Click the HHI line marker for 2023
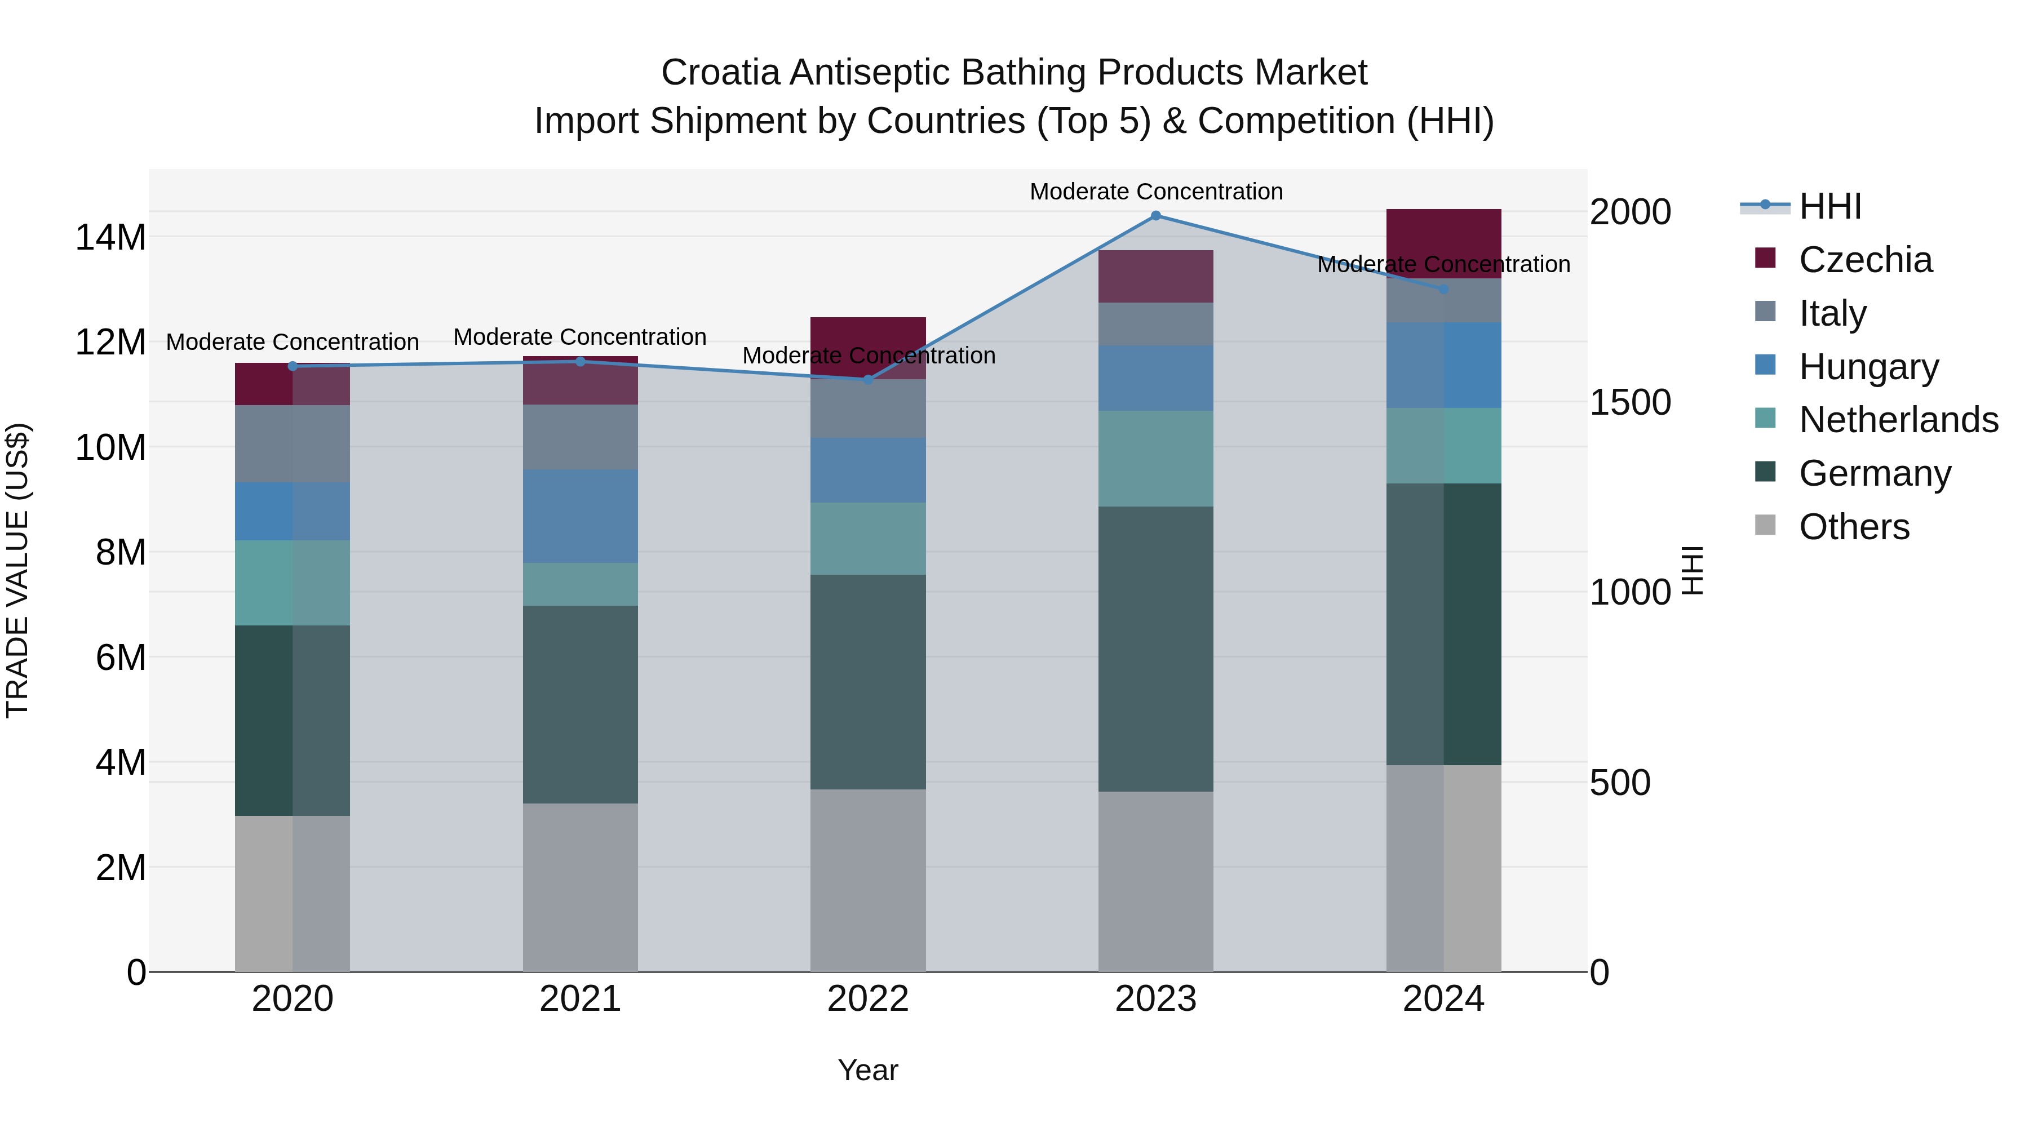(x=1155, y=216)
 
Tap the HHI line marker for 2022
(x=868, y=380)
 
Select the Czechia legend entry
(x=1865, y=260)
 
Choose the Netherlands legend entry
(x=1898, y=420)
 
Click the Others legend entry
(x=1853, y=527)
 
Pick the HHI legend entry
(x=1829, y=206)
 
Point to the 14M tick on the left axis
(x=110, y=237)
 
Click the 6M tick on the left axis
(x=121, y=658)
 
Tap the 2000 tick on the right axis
(x=1629, y=212)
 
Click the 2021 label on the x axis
(x=580, y=999)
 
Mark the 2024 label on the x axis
(x=1443, y=999)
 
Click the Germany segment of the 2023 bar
(x=1155, y=649)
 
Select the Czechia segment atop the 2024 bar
(x=1443, y=243)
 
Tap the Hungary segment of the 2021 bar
(x=580, y=517)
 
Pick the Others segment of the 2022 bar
(x=868, y=880)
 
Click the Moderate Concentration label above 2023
(x=1155, y=192)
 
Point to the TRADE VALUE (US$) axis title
(x=18, y=570)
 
